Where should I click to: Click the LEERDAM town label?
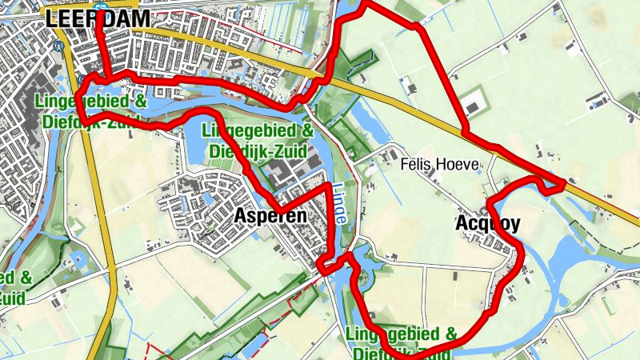pyautogui.click(x=86, y=20)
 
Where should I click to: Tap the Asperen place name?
pyautogui.click(x=271, y=216)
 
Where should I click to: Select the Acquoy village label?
pyautogui.click(x=488, y=223)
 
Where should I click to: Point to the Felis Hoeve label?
pyautogui.click(x=440, y=165)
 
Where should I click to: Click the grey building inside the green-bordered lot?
pyautogui.click(x=474, y=106)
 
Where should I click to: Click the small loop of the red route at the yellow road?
pyautogui.click(x=551, y=185)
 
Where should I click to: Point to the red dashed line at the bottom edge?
pyautogui.click(x=149, y=352)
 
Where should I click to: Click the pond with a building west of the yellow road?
pyautogui.click(x=79, y=261)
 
